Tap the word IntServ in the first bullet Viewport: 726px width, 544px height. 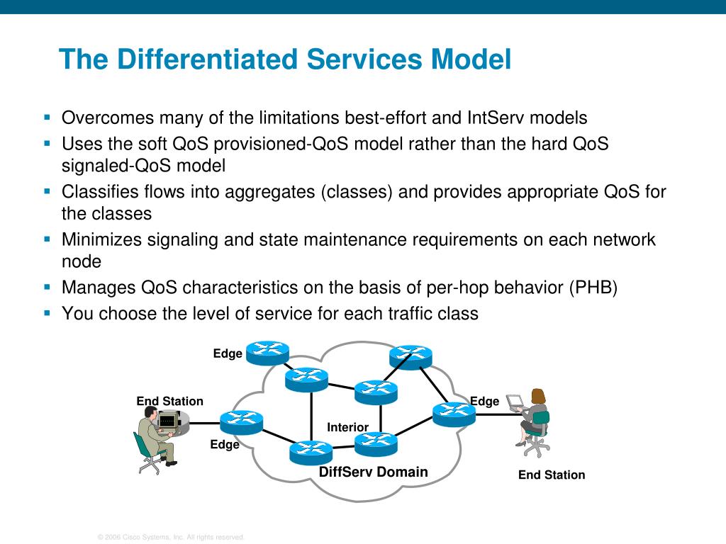[496, 118]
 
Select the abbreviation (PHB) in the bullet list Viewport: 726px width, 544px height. [593, 288]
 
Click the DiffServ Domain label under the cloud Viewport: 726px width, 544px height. [373, 472]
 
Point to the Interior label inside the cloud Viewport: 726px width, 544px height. [347, 427]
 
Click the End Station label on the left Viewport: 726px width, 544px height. [169, 402]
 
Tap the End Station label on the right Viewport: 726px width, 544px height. [552, 475]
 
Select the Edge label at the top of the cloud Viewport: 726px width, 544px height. [228, 353]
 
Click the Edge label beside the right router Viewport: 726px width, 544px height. [485, 402]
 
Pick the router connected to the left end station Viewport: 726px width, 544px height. [241, 422]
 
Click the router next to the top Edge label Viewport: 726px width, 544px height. [268, 352]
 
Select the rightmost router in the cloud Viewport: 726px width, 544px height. [453, 414]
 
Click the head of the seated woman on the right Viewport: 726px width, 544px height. [539, 396]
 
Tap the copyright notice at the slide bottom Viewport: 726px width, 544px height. [171, 538]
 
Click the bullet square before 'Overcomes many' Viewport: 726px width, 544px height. [48, 116]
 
